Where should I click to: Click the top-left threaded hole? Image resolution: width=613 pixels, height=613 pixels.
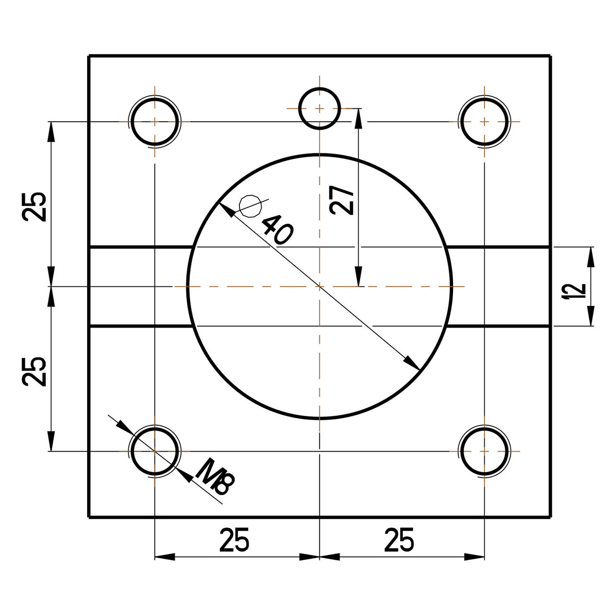click(x=155, y=122)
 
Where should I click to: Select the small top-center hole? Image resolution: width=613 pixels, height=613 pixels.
click(x=319, y=109)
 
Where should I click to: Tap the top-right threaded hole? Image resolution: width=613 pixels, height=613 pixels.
click(x=484, y=122)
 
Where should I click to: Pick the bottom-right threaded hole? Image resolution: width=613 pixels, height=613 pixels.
click(x=484, y=451)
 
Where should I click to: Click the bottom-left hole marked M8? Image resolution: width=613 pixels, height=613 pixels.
click(x=155, y=451)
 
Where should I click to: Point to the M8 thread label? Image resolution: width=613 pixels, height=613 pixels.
click(x=214, y=477)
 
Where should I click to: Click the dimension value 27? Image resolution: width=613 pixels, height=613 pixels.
click(x=342, y=201)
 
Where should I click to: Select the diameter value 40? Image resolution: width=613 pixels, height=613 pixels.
click(x=276, y=229)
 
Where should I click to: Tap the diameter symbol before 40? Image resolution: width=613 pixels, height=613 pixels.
click(x=250, y=206)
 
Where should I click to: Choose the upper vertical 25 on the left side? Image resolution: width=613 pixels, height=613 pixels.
click(x=35, y=206)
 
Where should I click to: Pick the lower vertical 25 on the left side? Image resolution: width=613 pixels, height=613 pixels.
click(x=35, y=371)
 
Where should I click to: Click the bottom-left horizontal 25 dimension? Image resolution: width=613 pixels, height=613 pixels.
click(x=234, y=540)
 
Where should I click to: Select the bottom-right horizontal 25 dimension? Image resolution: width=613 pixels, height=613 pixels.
click(x=399, y=540)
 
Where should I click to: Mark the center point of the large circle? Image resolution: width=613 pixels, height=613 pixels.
click(x=319, y=286)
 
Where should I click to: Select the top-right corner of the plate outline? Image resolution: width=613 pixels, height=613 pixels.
click(x=550, y=56)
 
